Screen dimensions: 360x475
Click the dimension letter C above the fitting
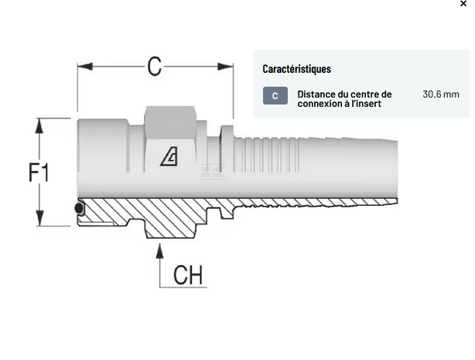(155, 67)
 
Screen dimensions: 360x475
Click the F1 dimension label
(39, 172)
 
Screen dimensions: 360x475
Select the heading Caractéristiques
(296, 69)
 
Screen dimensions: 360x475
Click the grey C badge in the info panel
(275, 96)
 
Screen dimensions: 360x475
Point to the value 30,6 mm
(441, 94)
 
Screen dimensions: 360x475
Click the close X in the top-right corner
(463, 4)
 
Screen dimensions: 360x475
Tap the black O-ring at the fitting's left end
(78, 209)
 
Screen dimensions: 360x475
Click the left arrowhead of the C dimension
(82, 67)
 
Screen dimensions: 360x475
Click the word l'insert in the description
(365, 104)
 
